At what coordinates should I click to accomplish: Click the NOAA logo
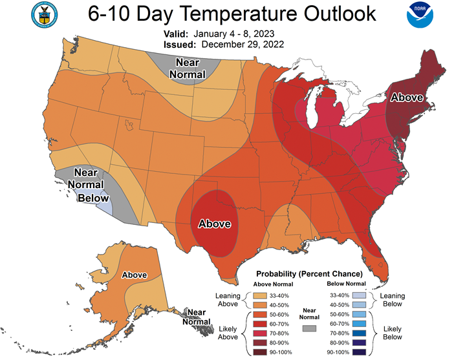[x=420, y=15]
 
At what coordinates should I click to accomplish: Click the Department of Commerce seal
[x=44, y=15]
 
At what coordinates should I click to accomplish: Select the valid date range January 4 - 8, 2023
[x=233, y=34]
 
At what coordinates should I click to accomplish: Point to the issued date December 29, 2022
[x=243, y=45]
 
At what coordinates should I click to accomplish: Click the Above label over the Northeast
[x=407, y=97]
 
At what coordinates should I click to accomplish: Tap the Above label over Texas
[x=215, y=224]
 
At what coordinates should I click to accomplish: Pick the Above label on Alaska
[x=135, y=275]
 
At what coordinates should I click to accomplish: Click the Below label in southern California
[x=93, y=198]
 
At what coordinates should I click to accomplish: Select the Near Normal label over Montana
[x=188, y=69]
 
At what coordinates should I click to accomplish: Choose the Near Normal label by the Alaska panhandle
[x=197, y=317]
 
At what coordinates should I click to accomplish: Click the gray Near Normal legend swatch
[x=309, y=328]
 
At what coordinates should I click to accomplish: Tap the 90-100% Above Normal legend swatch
[x=260, y=352]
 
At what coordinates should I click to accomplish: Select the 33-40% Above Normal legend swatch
[x=260, y=296]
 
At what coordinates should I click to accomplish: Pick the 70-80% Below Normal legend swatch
[x=359, y=333]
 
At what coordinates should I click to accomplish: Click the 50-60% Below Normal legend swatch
[x=359, y=314]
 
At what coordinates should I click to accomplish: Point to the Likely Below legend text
[x=393, y=333]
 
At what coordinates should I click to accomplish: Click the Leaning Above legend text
[x=228, y=299]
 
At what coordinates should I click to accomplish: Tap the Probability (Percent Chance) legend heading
[x=309, y=274]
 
